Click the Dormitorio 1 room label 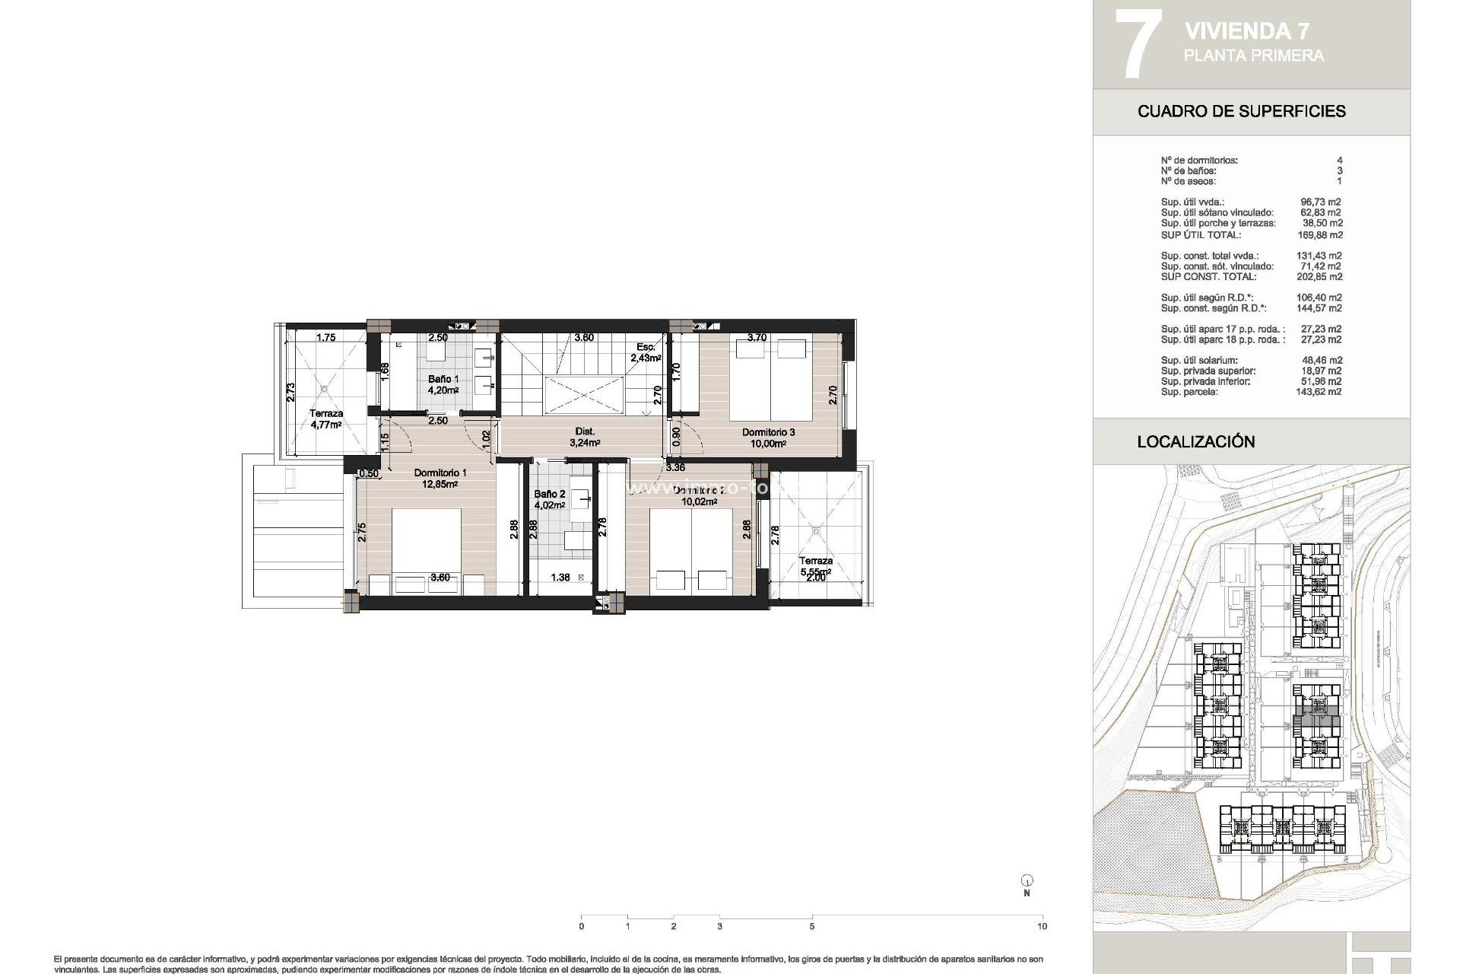pyautogui.click(x=440, y=473)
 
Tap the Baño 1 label pyautogui.click(x=443, y=379)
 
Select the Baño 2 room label pyautogui.click(x=549, y=494)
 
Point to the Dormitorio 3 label pyautogui.click(x=768, y=432)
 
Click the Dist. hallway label pyautogui.click(x=585, y=431)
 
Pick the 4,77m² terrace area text pyautogui.click(x=326, y=425)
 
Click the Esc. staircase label pyautogui.click(x=645, y=347)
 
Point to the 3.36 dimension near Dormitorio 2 pyautogui.click(x=675, y=467)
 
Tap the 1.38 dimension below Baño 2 pyautogui.click(x=560, y=578)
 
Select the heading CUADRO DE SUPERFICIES pyautogui.click(x=1241, y=111)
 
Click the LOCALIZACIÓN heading pyautogui.click(x=1195, y=441)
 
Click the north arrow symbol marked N pyautogui.click(x=1027, y=883)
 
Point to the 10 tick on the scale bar pyautogui.click(x=1043, y=925)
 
